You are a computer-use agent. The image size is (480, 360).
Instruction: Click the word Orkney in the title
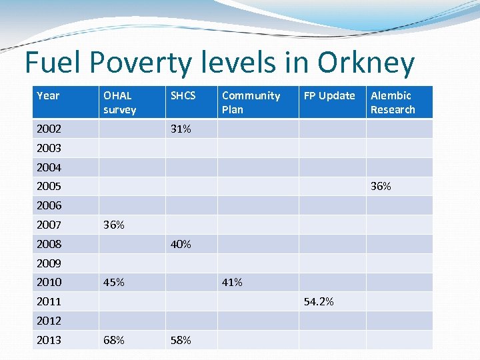(x=366, y=63)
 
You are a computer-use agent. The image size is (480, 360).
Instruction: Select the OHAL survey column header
(x=119, y=103)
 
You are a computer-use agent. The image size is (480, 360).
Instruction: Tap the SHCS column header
(x=183, y=96)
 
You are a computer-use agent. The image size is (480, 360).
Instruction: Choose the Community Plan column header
(x=251, y=103)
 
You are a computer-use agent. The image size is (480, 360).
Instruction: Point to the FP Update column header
(x=329, y=96)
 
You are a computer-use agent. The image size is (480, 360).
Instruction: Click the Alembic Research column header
(x=393, y=103)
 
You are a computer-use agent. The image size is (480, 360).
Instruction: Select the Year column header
(x=48, y=96)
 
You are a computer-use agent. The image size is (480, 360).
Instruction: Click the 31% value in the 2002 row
(x=181, y=129)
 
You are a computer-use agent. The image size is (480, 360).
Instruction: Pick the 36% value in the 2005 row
(x=381, y=187)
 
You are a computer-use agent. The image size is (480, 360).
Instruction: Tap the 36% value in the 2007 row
(x=114, y=225)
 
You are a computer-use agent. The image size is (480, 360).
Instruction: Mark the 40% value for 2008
(x=181, y=245)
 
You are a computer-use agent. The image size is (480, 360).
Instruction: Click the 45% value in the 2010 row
(x=114, y=283)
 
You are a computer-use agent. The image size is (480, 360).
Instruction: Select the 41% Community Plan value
(x=232, y=283)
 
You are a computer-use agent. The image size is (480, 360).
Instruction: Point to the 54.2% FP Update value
(x=319, y=302)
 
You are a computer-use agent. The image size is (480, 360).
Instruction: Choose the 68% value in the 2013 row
(x=114, y=341)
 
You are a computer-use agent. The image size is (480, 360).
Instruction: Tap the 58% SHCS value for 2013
(x=181, y=341)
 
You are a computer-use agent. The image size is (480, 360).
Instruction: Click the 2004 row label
(x=49, y=167)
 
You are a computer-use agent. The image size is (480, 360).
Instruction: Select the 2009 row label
(x=49, y=263)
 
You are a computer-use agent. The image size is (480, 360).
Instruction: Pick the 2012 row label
(x=49, y=321)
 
